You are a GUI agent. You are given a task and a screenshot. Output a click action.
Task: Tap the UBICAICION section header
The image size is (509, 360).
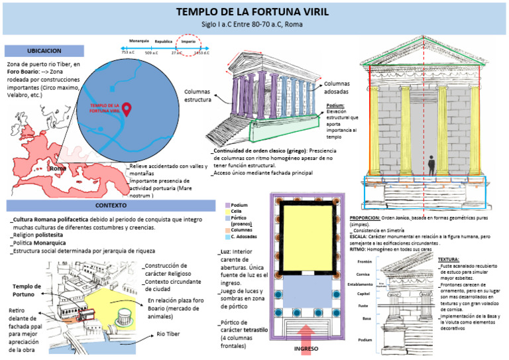tap(44, 50)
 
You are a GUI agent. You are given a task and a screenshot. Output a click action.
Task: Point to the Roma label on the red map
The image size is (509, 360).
tap(58, 169)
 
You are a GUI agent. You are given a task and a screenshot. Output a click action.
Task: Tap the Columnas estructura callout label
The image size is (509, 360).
tap(198, 95)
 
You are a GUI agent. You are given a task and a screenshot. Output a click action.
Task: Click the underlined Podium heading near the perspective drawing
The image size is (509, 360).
tap(335, 105)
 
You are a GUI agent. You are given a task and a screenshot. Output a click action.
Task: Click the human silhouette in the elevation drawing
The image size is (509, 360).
tap(432, 165)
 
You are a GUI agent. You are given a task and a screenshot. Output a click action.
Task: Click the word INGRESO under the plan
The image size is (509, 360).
tap(306, 349)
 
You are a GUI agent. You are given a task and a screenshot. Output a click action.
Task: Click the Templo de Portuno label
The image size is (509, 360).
tap(27, 290)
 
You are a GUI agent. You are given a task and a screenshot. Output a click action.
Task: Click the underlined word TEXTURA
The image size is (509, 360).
tap(449, 259)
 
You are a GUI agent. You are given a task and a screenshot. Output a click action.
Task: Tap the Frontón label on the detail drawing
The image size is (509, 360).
tap(364, 262)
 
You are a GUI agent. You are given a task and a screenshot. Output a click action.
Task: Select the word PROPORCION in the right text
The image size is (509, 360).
tap(364, 216)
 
